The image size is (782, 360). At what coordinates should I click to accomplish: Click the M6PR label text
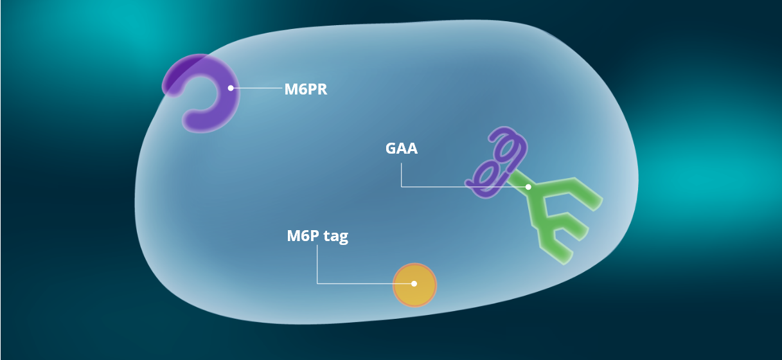pos(306,89)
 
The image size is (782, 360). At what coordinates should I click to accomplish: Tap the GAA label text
pos(402,148)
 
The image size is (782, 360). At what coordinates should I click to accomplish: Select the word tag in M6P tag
pos(335,237)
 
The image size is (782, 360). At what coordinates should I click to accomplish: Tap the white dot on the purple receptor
pos(230,88)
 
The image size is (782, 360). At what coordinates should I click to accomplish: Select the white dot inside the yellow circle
pos(414,283)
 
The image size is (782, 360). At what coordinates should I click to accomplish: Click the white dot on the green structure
pos(528,186)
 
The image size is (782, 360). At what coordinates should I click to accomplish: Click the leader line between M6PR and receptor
pos(257,88)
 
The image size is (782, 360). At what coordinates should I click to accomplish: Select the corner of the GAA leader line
pos(402,186)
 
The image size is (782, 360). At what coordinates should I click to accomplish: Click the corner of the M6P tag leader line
pos(317,283)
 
